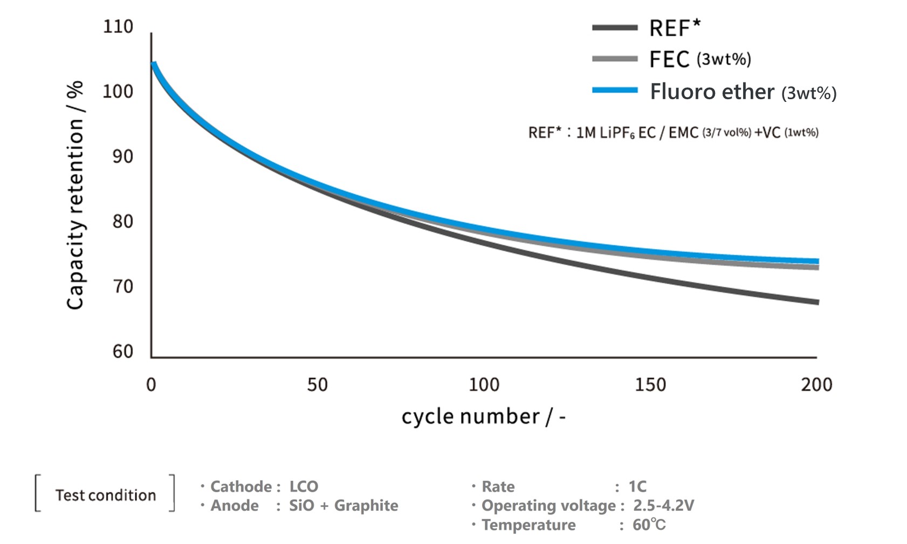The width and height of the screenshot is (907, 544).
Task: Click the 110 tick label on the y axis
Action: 118,26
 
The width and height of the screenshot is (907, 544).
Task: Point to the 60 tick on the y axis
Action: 122,352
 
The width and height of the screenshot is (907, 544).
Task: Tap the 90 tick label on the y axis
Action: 122,156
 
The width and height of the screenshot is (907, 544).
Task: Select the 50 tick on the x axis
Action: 317,384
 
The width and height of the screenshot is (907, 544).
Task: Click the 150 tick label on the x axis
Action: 650,384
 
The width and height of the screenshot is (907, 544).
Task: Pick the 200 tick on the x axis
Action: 816,384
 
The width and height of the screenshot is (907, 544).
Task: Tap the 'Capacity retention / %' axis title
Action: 75,195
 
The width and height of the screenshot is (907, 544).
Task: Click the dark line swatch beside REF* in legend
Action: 615,27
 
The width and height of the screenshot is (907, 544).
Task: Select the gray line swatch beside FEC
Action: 615,59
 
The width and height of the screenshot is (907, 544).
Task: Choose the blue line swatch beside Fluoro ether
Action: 615,91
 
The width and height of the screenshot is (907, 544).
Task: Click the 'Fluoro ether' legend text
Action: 712,92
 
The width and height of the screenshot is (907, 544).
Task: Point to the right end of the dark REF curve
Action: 817,302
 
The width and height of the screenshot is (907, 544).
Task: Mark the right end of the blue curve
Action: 817,261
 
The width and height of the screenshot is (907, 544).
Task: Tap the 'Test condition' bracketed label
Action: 106,495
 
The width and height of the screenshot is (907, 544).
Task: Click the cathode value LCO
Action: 304,486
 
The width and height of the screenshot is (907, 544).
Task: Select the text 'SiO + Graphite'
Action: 343,506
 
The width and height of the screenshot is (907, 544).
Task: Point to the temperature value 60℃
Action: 649,525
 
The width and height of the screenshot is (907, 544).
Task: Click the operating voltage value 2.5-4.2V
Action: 663,506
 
